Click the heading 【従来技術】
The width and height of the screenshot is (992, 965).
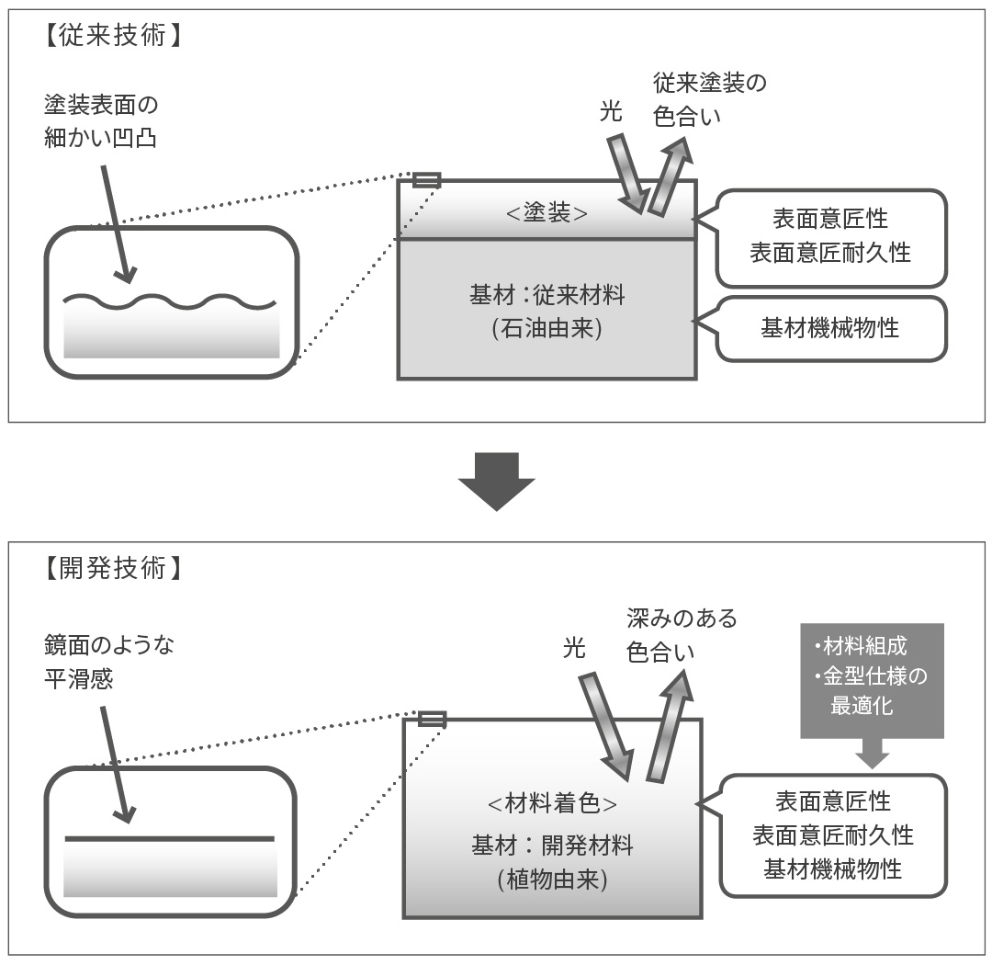click(109, 37)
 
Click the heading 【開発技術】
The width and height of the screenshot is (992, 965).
click(109, 569)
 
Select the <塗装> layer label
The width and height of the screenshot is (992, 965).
click(547, 212)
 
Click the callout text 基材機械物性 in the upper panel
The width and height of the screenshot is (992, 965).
click(829, 327)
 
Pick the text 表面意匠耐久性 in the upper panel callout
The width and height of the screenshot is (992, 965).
click(829, 253)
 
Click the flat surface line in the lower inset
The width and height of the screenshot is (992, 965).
click(170, 838)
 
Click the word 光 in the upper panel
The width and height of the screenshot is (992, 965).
click(611, 112)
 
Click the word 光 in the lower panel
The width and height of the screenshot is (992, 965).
click(574, 649)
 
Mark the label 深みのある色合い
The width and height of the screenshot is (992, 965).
click(682, 635)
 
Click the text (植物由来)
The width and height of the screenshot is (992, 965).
click(552, 879)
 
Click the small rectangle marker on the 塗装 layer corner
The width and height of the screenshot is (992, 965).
click(426, 180)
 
